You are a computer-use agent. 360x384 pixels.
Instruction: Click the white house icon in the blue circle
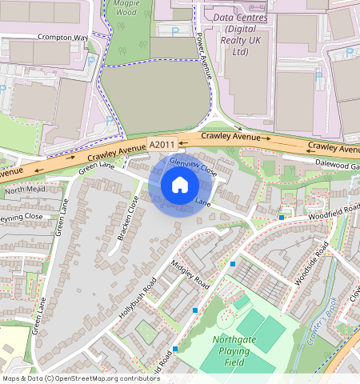180,185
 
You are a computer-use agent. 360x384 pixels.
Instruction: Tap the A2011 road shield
162,144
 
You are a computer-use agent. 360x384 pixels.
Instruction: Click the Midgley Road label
191,274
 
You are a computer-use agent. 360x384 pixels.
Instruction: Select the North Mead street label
26,190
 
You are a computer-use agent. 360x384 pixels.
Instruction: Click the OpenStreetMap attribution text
81,378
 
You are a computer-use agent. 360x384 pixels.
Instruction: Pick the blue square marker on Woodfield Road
282,217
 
